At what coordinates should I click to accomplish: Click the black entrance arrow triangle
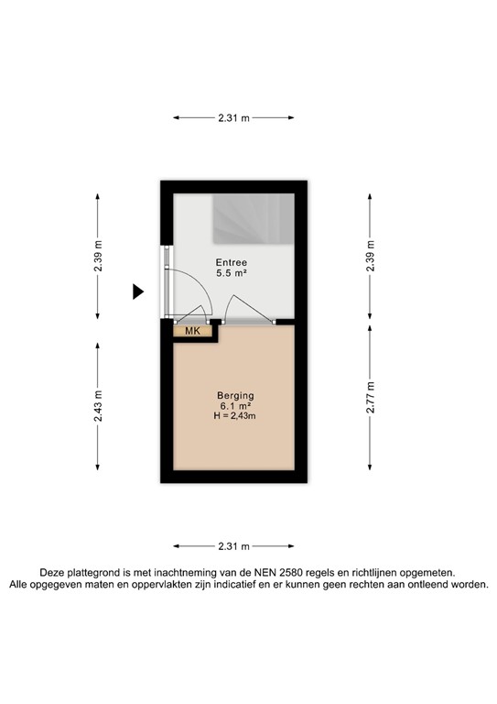point(138,292)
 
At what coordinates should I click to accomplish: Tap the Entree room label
point(231,262)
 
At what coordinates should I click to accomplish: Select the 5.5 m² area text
point(231,274)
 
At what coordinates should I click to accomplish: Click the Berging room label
point(236,395)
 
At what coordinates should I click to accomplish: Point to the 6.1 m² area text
point(236,406)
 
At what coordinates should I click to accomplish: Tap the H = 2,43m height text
point(236,418)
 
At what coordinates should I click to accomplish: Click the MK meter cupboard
point(192,331)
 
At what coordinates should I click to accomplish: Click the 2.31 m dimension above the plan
point(234,117)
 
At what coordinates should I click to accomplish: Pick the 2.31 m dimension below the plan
point(234,546)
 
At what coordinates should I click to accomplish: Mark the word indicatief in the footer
point(261,584)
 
